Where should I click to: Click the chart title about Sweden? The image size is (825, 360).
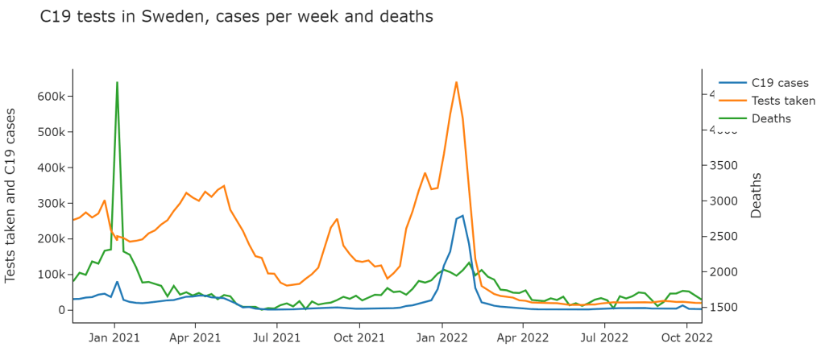[x=236, y=16]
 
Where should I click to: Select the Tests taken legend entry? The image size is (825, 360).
[x=782, y=101]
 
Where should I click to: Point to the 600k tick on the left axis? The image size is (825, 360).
[x=50, y=97]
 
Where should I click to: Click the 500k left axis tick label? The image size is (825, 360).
[x=50, y=132]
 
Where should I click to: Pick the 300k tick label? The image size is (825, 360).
[x=50, y=203]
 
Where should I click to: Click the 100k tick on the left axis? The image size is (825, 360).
[x=50, y=275]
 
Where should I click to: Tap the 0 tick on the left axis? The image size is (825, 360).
[x=60, y=310]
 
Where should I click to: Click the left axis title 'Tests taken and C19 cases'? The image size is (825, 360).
[x=11, y=196]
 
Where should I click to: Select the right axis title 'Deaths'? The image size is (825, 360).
[x=757, y=196]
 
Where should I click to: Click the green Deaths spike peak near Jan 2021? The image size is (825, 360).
[x=117, y=82]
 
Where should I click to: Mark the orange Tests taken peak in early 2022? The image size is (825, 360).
[x=456, y=82]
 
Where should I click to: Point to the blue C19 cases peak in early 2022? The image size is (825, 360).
[x=462, y=216]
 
